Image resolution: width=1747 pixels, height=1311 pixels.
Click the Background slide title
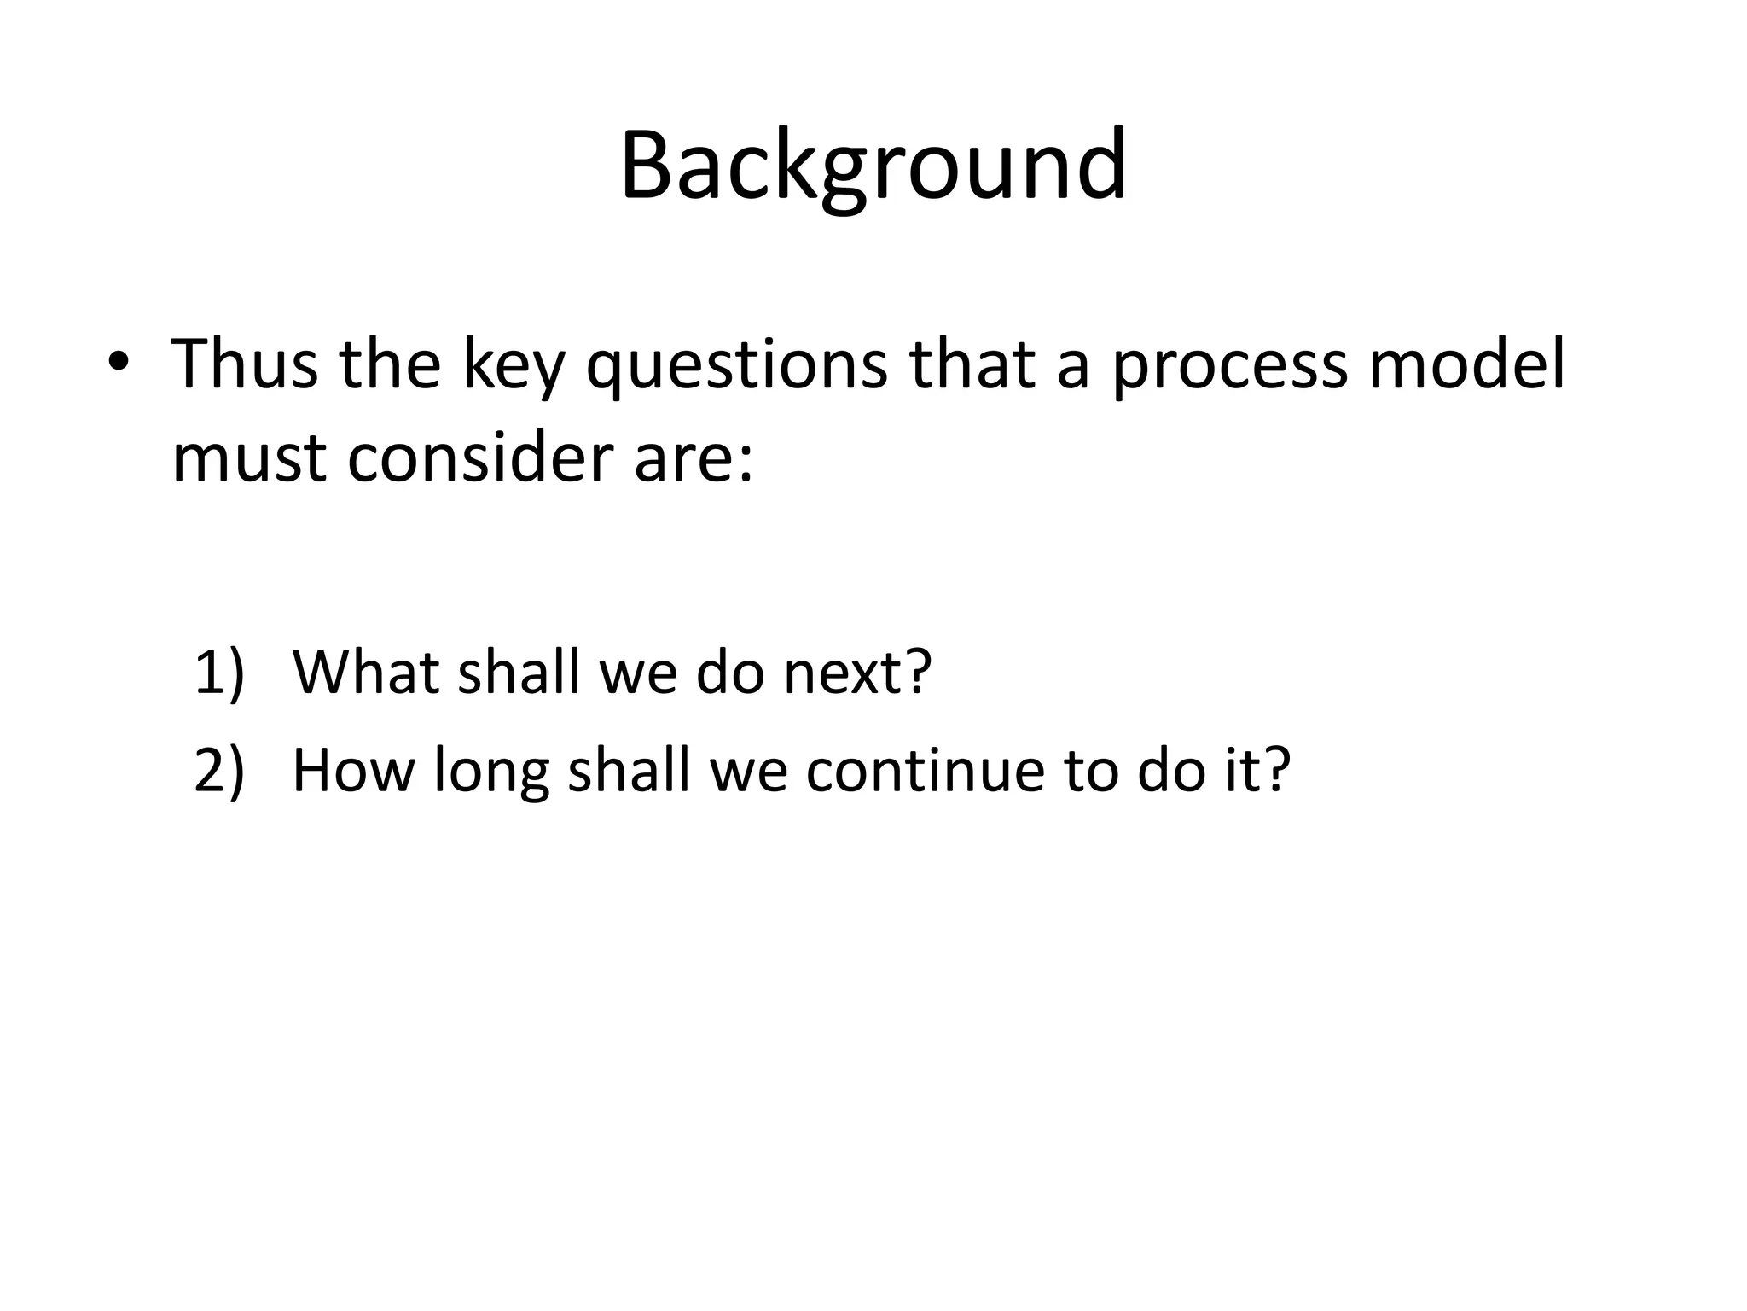pos(873,166)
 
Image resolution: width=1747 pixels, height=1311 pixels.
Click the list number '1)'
pos(219,672)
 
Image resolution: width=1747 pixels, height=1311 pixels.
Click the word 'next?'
pos(857,673)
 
